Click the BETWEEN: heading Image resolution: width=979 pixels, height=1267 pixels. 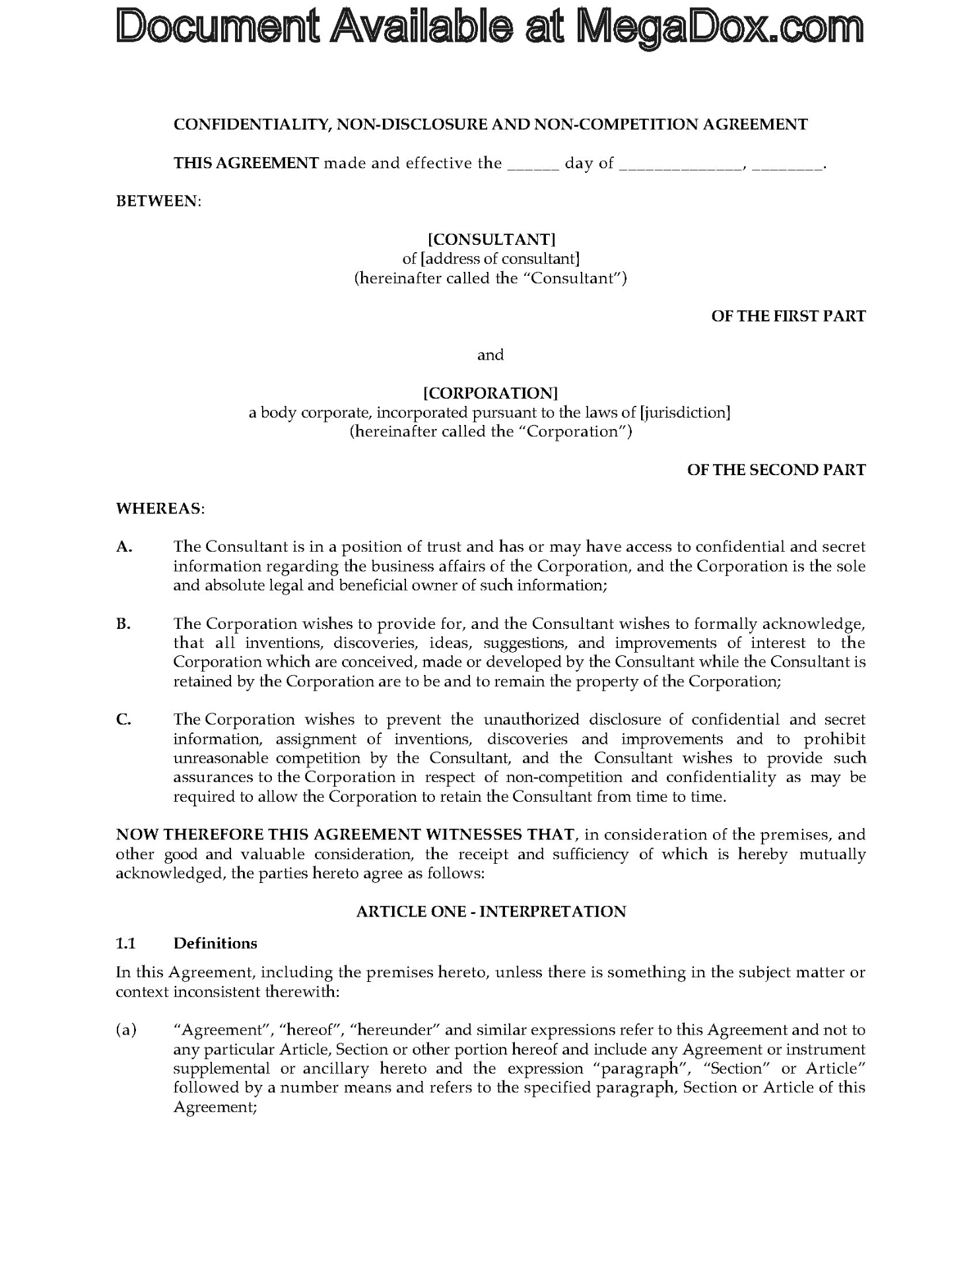(x=158, y=201)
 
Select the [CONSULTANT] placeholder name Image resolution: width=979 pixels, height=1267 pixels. (x=490, y=240)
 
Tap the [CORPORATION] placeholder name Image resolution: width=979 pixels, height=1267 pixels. (x=490, y=393)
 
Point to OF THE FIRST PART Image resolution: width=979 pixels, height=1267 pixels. (x=788, y=316)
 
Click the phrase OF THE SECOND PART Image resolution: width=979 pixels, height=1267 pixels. (x=776, y=470)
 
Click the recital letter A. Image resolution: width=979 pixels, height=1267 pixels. (x=124, y=547)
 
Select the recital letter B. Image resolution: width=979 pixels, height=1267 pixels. (x=123, y=624)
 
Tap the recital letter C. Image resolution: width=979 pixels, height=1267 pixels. (x=123, y=719)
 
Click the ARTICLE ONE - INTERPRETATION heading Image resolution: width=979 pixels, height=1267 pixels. (x=490, y=911)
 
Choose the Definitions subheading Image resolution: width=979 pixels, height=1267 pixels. (x=215, y=943)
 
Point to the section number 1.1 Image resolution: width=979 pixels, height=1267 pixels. (x=125, y=943)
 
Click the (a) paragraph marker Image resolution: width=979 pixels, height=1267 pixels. (x=125, y=1030)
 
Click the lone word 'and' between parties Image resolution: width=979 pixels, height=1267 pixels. (x=490, y=355)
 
